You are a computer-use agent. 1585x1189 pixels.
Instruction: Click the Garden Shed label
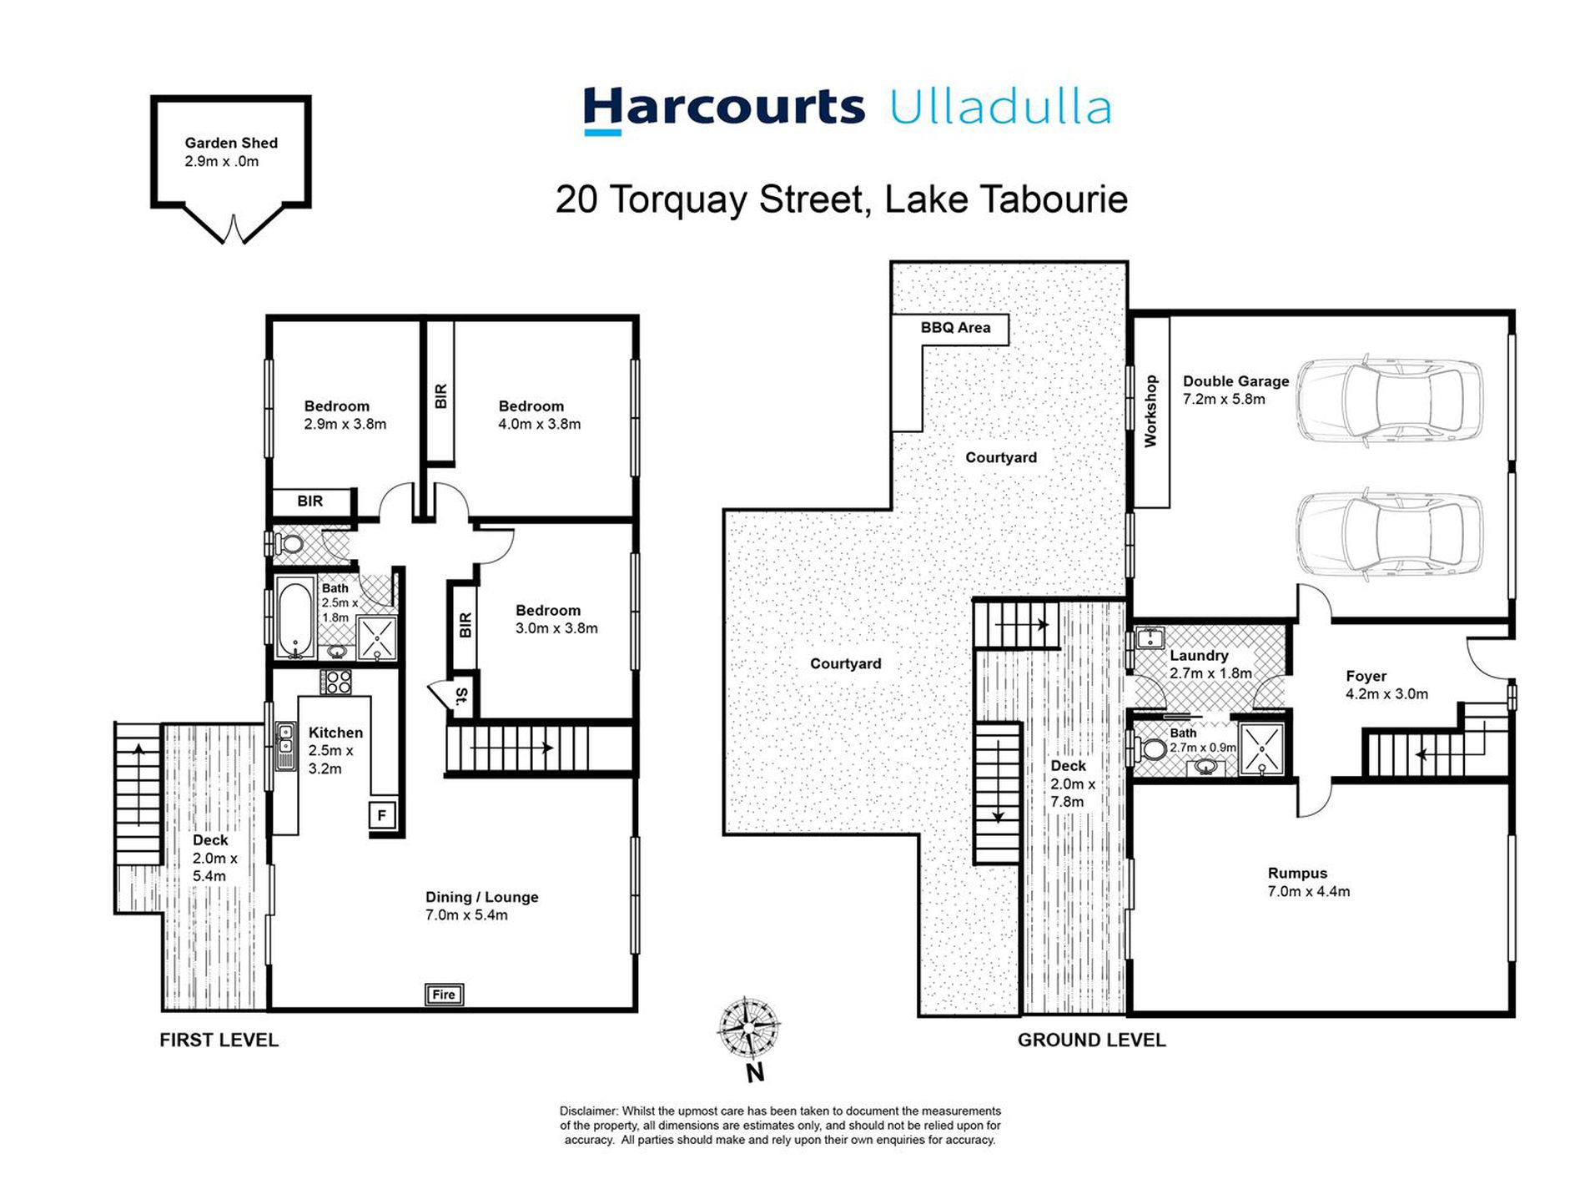[231, 144]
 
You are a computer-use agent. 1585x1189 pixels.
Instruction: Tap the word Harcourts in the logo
[723, 108]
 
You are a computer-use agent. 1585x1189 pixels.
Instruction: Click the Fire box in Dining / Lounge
[444, 994]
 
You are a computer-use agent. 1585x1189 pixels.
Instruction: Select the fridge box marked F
[382, 815]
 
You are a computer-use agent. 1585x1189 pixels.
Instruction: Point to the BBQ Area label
[955, 328]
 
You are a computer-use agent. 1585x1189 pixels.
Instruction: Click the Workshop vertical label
[1150, 411]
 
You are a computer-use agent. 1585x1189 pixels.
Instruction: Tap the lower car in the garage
[1389, 535]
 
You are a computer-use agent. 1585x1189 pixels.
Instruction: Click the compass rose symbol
[748, 1027]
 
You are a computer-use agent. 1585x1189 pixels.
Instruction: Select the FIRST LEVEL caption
[219, 1040]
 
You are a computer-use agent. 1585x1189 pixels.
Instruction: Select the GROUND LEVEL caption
[1091, 1040]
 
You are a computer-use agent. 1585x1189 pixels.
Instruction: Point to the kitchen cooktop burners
[337, 682]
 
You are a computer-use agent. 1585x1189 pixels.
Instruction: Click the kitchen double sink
[285, 744]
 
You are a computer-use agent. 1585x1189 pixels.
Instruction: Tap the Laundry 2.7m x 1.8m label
[1210, 664]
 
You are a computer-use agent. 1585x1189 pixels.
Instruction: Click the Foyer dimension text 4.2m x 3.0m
[1386, 694]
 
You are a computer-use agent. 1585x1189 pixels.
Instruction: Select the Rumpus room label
[1297, 874]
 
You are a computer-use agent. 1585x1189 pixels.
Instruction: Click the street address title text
[841, 199]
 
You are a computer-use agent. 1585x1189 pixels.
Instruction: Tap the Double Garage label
[1235, 381]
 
